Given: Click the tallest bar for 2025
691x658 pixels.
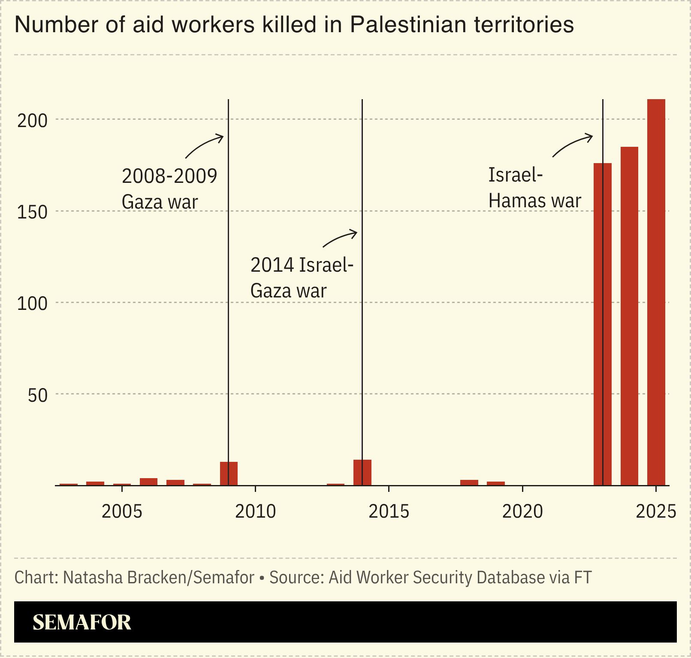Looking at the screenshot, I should [656, 292].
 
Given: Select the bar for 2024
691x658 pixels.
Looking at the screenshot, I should [629, 316].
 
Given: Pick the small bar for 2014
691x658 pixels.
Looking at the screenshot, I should [362, 472].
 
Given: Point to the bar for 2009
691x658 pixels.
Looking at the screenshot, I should [229, 473].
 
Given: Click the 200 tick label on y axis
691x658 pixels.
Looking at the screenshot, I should [32, 121].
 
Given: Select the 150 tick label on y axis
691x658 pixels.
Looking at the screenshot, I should [32, 212].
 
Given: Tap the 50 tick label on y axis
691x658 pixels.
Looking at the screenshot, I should [37, 395].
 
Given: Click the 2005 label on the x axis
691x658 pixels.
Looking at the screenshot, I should [122, 511].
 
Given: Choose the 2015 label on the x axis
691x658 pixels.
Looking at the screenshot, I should [389, 511].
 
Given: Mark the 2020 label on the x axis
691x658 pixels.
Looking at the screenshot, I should [522, 511].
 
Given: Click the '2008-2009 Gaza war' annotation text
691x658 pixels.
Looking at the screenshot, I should [169, 189].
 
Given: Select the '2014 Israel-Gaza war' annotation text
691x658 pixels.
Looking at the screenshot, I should [302, 278].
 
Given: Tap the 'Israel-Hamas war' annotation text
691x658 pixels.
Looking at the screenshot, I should [534, 188].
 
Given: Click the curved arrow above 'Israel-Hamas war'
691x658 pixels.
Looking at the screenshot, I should [572, 146].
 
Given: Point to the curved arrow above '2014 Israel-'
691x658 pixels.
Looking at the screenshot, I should [340, 239].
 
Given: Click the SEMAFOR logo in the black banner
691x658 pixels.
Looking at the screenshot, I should [81, 622].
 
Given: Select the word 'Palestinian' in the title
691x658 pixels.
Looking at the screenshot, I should [408, 24].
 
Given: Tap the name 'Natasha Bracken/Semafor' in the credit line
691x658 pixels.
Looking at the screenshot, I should [159, 577].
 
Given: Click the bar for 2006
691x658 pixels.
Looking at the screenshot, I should [148, 482].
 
